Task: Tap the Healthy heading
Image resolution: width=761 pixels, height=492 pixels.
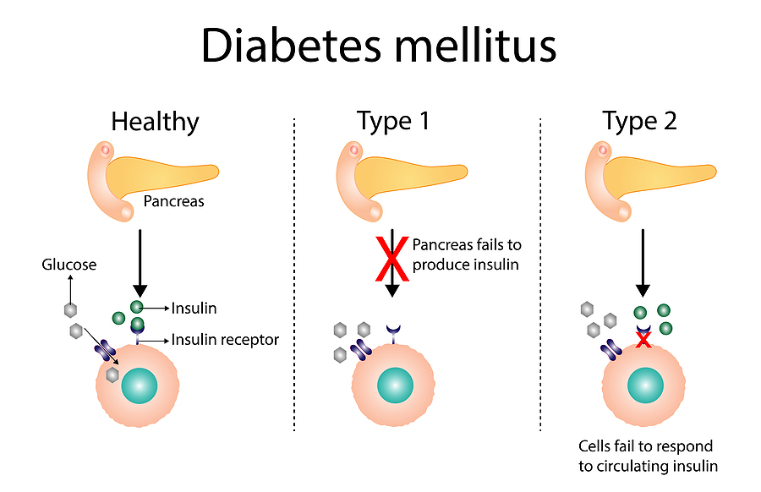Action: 156,122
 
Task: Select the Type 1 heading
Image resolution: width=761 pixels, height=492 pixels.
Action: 393,121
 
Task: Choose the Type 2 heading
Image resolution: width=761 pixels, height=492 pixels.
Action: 640,121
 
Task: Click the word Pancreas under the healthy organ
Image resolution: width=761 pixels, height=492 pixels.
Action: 173,201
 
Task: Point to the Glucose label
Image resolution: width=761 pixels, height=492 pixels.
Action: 69,265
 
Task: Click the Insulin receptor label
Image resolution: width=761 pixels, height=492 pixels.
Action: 225,340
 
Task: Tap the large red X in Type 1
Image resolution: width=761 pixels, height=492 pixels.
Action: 392,258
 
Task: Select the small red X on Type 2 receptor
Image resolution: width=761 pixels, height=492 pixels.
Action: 643,340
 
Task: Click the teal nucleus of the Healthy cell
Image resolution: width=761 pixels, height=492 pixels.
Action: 140,385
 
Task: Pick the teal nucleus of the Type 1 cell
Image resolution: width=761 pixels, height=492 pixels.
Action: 396,385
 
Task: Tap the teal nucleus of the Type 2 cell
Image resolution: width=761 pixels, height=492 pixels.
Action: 645,385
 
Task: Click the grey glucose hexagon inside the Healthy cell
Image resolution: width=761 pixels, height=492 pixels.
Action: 112,374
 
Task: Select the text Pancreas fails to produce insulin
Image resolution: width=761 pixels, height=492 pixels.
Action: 467,254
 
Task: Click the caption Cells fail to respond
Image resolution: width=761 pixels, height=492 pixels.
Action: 645,446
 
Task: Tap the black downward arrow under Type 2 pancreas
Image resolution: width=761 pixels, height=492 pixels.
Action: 643,263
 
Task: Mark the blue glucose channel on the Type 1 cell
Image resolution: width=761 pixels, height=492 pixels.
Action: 360,349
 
